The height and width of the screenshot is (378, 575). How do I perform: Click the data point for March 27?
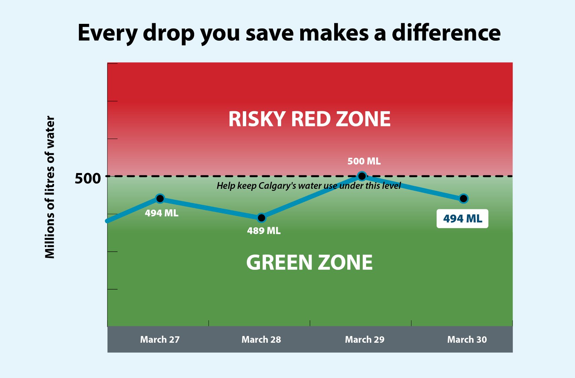160,199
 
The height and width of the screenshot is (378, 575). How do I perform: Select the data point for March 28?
262,218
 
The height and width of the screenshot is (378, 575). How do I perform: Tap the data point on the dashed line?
362,176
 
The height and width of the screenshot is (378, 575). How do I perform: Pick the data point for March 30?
463,199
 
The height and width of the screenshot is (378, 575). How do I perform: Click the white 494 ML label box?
462,219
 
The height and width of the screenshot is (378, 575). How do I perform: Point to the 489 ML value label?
264,231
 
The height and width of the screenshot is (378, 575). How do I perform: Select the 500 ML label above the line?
364,161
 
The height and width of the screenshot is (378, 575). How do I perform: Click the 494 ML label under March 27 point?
162,213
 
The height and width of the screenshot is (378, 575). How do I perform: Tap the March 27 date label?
160,339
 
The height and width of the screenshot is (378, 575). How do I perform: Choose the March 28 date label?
261,339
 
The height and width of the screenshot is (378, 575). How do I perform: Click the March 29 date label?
365,339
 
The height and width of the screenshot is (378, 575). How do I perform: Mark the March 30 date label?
467,339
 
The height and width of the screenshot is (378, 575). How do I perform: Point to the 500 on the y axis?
88,178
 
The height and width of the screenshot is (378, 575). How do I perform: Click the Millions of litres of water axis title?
50,187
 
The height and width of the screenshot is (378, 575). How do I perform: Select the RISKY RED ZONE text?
309,119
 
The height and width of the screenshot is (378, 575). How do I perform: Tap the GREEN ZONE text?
309,262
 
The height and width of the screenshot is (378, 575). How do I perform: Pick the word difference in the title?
446,33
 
